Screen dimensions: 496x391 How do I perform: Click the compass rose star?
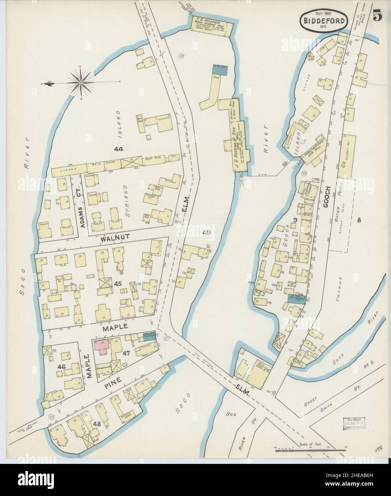tap(81, 82)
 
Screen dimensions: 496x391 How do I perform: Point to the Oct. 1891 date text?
tap(324, 10)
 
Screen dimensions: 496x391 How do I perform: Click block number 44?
tap(118, 149)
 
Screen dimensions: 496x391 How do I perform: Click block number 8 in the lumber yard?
tap(359, 220)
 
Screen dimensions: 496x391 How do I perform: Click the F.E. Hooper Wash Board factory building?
tap(212, 22)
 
